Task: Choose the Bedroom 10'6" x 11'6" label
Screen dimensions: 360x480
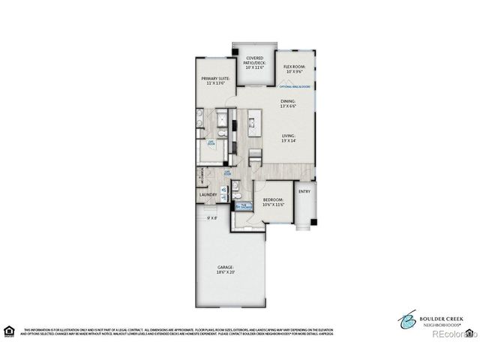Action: point(272,202)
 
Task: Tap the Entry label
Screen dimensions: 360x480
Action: point(304,191)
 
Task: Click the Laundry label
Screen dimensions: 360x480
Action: point(208,195)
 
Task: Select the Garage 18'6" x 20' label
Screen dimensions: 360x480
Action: point(226,270)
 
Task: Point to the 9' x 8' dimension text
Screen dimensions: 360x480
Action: point(212,218)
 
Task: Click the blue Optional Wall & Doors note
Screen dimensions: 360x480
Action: point(294,87)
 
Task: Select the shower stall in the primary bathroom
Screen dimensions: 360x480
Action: point(223,118)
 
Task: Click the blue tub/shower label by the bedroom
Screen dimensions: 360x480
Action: point(244,205)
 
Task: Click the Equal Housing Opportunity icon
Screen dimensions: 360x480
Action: point(9,330)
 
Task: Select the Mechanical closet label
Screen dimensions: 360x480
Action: point(202,176)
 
